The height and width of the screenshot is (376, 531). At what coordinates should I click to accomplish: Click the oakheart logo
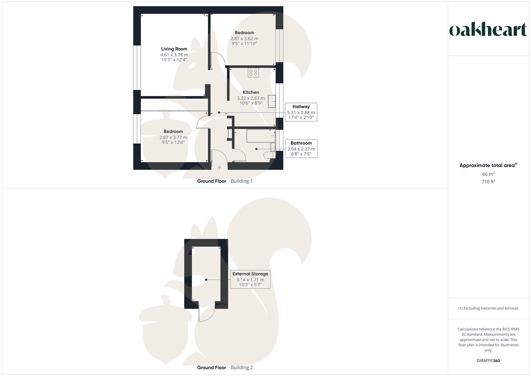(x=488, y=30)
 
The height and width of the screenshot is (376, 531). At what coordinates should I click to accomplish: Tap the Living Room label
(x=174, y=49)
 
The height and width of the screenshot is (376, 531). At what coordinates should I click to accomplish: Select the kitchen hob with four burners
(x=253, y=73)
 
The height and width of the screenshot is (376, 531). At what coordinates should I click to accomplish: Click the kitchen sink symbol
(x=272, y=101)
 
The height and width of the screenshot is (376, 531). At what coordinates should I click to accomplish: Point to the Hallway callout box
(x=301, y=112)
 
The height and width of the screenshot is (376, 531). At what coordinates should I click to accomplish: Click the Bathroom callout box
(x=301, y=148)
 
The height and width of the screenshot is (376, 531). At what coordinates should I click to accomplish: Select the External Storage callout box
(x=250, y=279)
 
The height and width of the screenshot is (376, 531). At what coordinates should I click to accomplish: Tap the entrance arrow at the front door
(x=219, y=168)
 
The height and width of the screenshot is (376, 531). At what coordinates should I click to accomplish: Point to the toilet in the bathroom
(x=268, y=155)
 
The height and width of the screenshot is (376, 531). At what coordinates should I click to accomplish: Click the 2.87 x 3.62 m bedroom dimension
(x=244, y=39)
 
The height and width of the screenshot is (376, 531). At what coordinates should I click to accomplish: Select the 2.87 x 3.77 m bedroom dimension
(x=173, y=138)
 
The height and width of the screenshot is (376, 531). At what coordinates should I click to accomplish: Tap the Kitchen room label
(x=251, y=92)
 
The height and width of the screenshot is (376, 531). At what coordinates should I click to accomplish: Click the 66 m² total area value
(x=488, y=174)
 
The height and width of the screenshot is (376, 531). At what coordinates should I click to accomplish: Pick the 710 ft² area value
(x=488, y=182)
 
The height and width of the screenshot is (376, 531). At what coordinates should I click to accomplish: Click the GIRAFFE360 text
(x=488, y=361)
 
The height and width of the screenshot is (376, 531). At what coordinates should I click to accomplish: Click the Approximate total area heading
(x=488, y=165)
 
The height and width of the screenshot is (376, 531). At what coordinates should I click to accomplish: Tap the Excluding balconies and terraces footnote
(x=488, y=308)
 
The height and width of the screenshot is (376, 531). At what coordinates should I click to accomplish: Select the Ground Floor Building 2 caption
(x=225, y=367)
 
